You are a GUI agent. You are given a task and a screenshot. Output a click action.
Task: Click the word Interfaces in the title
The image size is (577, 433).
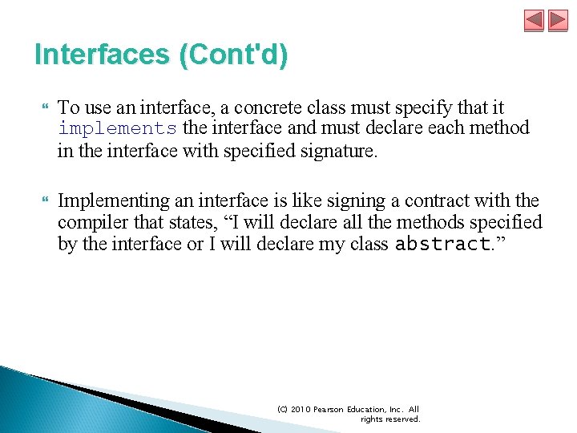100,55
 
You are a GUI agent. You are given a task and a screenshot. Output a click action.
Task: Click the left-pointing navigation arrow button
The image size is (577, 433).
534,20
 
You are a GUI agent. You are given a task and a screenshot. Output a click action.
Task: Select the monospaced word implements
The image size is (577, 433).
117,128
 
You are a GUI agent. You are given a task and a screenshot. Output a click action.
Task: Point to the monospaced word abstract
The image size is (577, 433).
443,245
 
